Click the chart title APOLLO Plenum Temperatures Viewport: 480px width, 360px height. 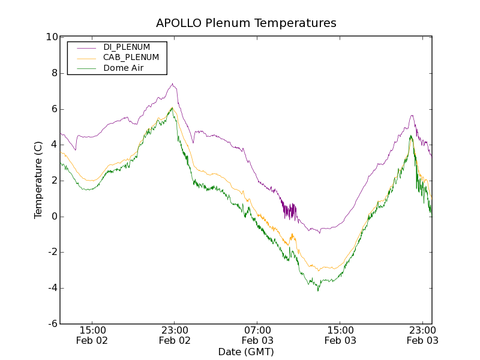click(246, 23)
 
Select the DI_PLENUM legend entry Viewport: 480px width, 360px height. click(127, 47)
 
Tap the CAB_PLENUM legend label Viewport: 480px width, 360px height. click(131, 58)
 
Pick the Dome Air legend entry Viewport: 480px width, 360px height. click(123, 68)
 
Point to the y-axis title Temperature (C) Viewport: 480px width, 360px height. click(38, 180)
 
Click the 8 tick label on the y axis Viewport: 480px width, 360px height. click(54, 73)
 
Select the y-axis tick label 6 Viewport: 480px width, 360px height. click(54, 109)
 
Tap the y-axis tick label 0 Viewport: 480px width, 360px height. click(54, 217)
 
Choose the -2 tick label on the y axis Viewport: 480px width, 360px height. click(52, 253)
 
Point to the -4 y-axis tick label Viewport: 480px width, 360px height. click(52, 288)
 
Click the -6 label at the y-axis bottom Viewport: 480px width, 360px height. click(52, 324)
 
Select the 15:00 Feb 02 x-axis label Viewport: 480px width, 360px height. click(92, 335)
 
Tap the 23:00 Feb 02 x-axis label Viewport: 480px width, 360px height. click(175, 335)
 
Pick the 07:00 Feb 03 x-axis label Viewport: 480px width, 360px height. click(257, 335)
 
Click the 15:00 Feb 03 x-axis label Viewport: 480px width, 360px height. click(340, 335)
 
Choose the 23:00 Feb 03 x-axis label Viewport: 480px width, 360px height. click(422, 335)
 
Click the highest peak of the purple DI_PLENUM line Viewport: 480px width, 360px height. click(172, 84)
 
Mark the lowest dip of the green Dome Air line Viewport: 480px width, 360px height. click(318, 290)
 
